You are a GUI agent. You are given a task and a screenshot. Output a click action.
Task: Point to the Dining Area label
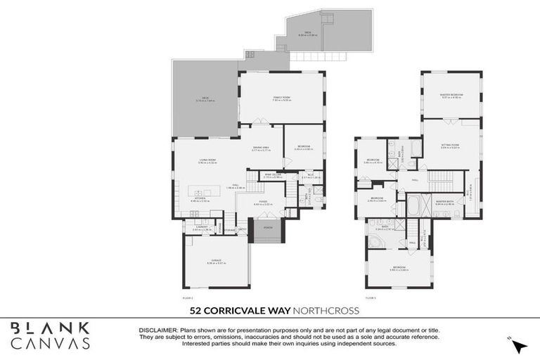[x=261, y=148]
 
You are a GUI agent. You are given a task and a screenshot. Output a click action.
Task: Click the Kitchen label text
[x=199, y=199]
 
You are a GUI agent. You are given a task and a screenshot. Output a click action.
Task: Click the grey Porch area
[x=268, y=229]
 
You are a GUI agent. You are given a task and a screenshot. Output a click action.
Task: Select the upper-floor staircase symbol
[x=443, y=178]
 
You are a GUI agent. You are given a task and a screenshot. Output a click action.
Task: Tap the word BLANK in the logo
[x=50, y=328]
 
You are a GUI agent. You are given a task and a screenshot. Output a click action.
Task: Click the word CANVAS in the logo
[x=50, y=343]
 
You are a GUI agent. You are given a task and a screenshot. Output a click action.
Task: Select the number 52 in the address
[x=197, y=310]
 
